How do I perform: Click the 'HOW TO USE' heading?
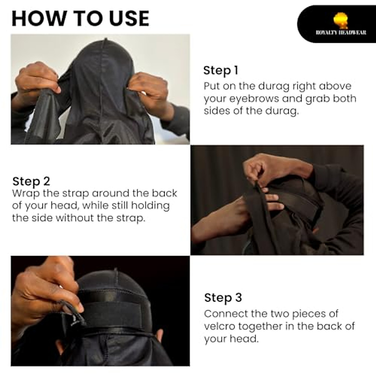[80, 18]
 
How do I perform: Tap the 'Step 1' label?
[221, 70]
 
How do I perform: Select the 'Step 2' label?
[31, 181]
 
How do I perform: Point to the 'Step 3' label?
[223, 297]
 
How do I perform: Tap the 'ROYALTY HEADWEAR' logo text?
[341, 33]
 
